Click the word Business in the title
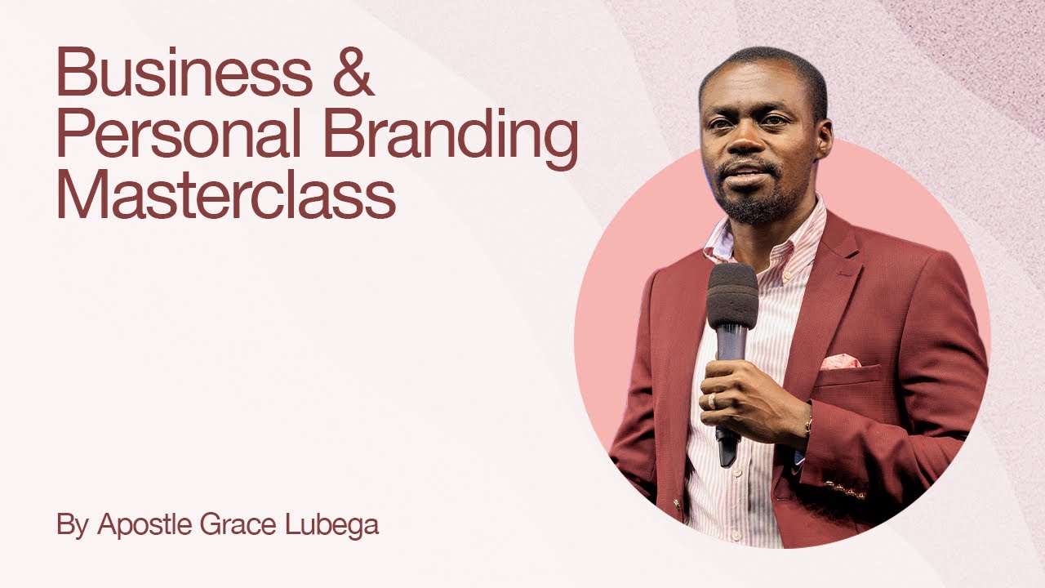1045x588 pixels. pyautogui.click(x=184, y=73)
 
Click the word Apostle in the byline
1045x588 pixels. pyautogui.click(x=145, y=525)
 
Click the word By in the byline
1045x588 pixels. pyautogui.click(x=72, y=525)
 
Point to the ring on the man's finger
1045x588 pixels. pyautogui.click(x=711, y=401)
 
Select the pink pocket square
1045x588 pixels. pyautogui.click(x=839, y=362)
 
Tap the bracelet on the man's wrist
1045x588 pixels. pyautogui.click(x=808, y=425)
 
